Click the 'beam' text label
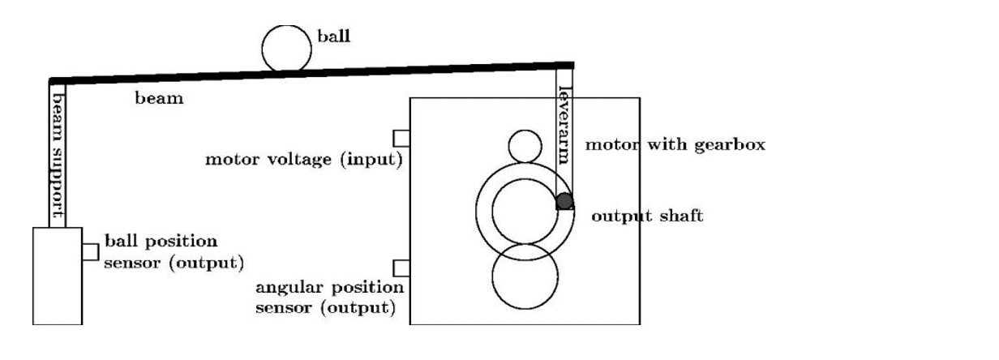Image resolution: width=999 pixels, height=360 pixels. (x=160, y=99)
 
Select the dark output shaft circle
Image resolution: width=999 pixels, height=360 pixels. (x=565, y=200)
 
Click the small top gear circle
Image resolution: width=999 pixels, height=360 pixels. (x=525, y=147)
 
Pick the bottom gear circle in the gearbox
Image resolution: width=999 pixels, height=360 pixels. (x=525, y=276)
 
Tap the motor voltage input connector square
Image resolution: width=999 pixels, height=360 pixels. (x=401, y=137)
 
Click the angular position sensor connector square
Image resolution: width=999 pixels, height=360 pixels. (x=401, y=268)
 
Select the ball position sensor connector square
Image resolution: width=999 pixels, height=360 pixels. (x=90, y=251)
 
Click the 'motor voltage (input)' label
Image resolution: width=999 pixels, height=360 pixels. (x=304, y=159)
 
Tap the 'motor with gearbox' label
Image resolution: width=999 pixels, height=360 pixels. (x=675, y=145)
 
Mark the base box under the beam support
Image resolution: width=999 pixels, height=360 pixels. (x=57, y=276)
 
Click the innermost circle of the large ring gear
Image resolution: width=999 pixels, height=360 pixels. (x=525, y=211)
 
